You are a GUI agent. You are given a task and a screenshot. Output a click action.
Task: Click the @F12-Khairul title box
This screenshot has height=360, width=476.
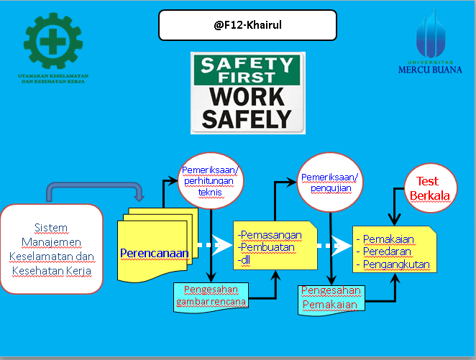coord(247,26)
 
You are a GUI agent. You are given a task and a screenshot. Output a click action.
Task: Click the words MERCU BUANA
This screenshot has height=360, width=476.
coord(430,69)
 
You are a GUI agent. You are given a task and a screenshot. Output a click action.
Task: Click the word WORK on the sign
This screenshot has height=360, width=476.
coord(244,97)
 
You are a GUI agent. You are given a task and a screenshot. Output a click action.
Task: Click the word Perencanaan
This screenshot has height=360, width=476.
coord(155,253)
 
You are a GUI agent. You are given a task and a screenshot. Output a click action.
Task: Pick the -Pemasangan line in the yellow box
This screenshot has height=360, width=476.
coord(270,234)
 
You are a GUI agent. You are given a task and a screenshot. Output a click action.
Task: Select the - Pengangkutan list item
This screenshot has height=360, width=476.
coord(393,264)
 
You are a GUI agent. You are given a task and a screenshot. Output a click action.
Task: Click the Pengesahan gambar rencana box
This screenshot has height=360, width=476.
coord(211,295)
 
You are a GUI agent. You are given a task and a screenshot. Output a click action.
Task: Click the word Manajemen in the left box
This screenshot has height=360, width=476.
coord(55,241)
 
